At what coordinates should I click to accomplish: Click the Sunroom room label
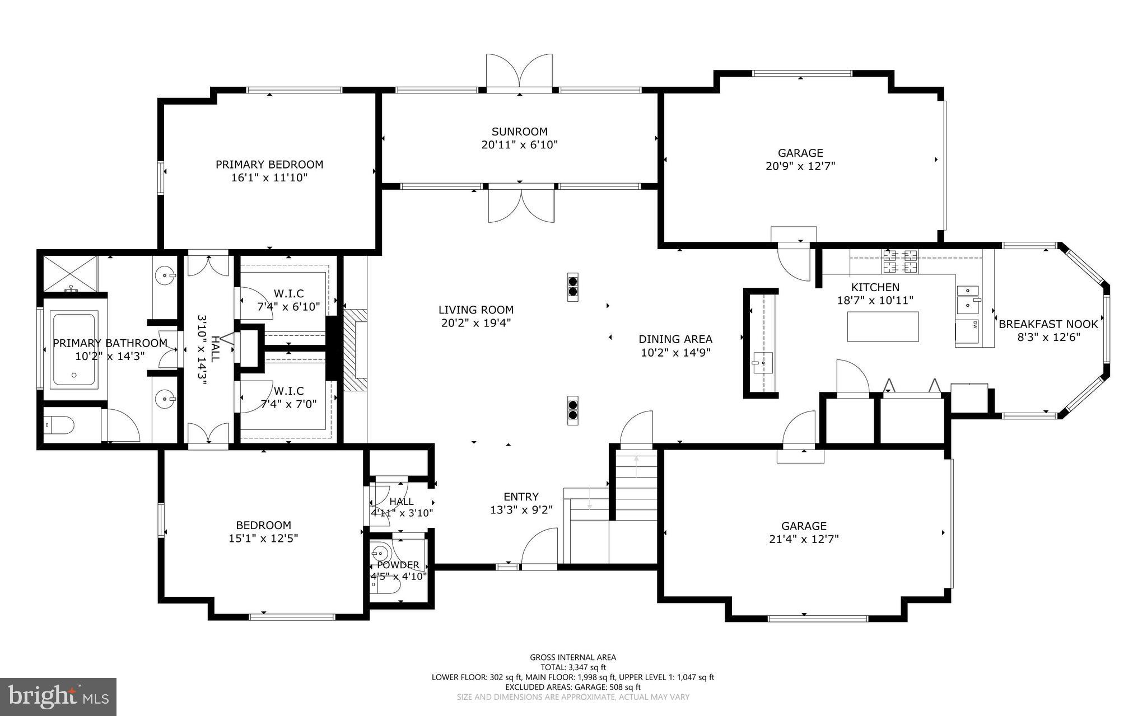(x=519, y=132)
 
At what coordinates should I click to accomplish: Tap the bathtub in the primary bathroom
(x=73, y=351)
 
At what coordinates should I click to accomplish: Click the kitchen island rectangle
(x=883, y=326)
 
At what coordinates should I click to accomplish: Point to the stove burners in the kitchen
(x=901, y=261)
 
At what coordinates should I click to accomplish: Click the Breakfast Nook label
(x=1048, y=324)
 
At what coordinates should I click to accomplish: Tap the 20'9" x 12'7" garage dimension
(x=800, y=166)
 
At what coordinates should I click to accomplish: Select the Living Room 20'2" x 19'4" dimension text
(x=475, y=323)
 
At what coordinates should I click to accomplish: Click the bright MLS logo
(x=58, y=696)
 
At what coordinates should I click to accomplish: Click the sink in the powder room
(x=381, y=554)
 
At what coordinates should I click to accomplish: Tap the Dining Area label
(x=675, y=339)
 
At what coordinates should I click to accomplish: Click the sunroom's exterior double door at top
(x=519, y=73)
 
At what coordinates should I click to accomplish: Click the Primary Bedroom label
(x=269, y=165)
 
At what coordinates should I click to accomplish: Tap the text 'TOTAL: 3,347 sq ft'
(x=573, y=667)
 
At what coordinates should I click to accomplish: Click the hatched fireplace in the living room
(x=355, y=350)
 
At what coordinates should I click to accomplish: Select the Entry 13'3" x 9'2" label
(x=521, y=503)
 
